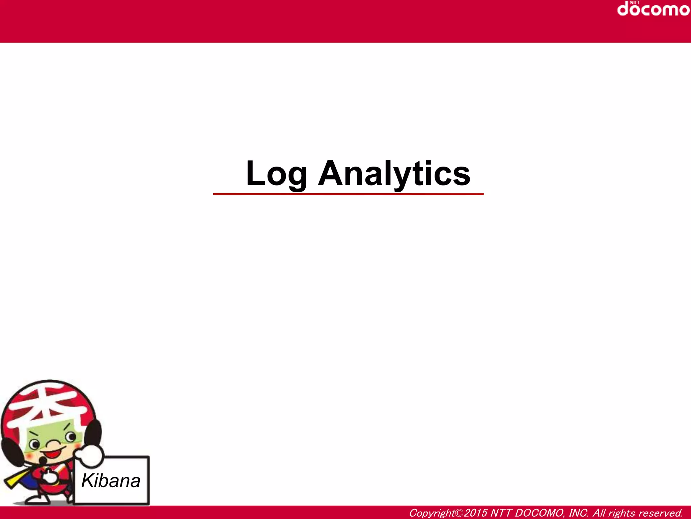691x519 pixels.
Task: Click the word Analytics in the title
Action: (x=394, y=174)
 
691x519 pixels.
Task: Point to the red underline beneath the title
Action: (x=348, y=194)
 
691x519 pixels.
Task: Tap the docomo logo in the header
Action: (x=653, y=9)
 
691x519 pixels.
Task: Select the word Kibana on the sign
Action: (x=111, y=481)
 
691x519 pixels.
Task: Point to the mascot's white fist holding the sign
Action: (x=88, y=456)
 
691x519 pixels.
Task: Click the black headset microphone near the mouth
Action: (x=43, y=460)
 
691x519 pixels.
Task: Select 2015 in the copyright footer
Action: (x=476, y=513)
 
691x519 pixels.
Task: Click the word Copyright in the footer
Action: (x=432, y=513)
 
